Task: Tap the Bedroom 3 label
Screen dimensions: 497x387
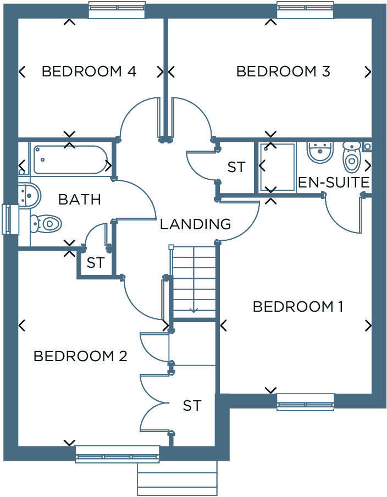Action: [283, 71]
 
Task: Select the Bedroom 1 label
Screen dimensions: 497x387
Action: [298, 307]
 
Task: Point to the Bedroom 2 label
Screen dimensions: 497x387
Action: [80, 356]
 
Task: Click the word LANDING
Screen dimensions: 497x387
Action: [195, 224]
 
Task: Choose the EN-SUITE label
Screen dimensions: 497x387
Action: [333, 183]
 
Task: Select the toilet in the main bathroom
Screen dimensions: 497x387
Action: [46, 223]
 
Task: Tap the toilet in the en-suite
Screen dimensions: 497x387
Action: [351, 157]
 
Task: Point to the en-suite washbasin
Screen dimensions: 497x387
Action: [320, 151]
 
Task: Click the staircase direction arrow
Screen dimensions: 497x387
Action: [193, 310]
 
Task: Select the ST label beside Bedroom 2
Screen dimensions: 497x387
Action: [192, 406]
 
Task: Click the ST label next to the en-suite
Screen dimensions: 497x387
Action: [236, 167]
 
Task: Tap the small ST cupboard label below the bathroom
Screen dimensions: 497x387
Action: [95, 263]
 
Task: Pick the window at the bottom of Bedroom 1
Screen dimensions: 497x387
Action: [305, 402]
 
